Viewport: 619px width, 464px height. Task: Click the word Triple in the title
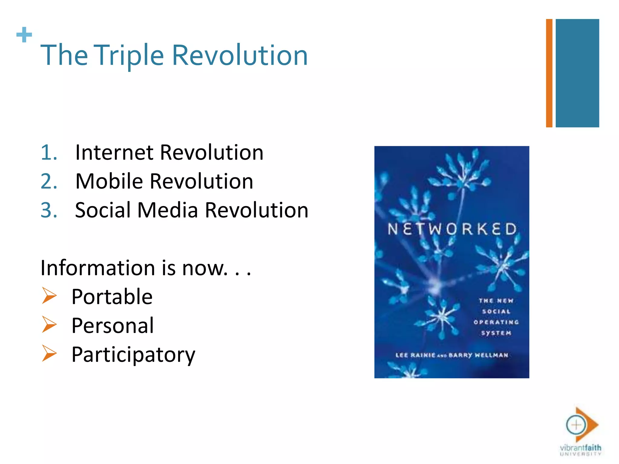tap(130, 56)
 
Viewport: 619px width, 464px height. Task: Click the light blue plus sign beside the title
tap(24, 35)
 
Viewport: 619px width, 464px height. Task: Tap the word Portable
tap(112, 297)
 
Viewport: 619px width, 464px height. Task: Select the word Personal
tap(112, 326)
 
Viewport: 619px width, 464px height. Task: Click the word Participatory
tap(133, 355)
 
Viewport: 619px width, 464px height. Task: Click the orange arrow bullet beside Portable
tap(49, 295)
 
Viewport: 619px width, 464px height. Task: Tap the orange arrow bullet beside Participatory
tap(49, 353)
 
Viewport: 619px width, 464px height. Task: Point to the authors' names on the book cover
tap(452, 355)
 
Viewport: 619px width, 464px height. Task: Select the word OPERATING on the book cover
tap(496, 322)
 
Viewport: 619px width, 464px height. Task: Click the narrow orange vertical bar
tap(549, 73)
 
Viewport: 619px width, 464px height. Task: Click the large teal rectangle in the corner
tap(577, 73)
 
